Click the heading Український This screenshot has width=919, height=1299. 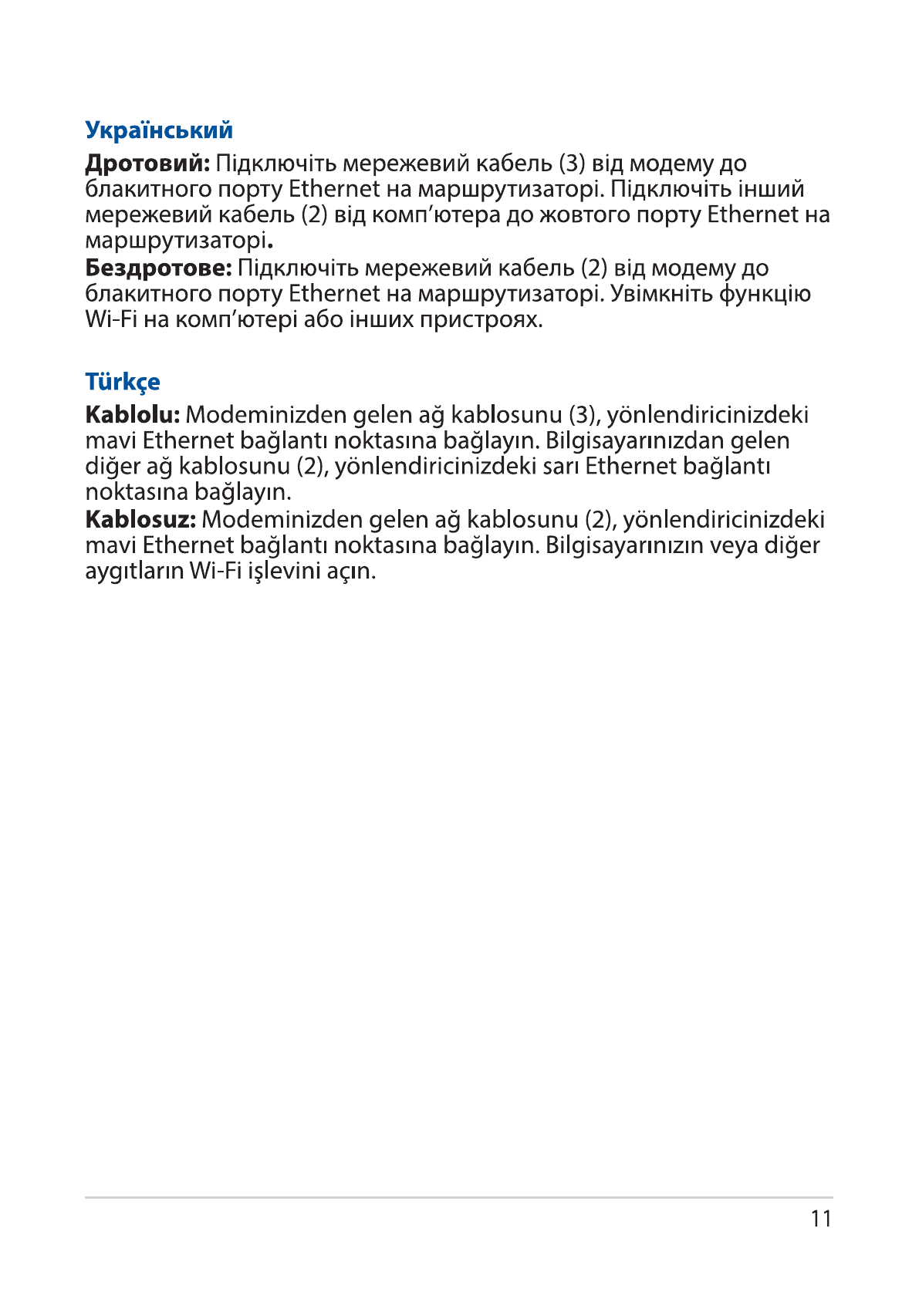159,130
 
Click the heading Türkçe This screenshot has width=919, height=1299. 123,381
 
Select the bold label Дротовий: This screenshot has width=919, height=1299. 147,164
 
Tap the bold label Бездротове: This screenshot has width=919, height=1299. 158,268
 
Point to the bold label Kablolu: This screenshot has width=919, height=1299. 133,415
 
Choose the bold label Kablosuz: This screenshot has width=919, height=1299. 140,519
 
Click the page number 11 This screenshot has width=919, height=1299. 821,1219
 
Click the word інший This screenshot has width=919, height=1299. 772,189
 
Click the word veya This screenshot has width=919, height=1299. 734,545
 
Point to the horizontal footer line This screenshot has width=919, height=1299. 459,1197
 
